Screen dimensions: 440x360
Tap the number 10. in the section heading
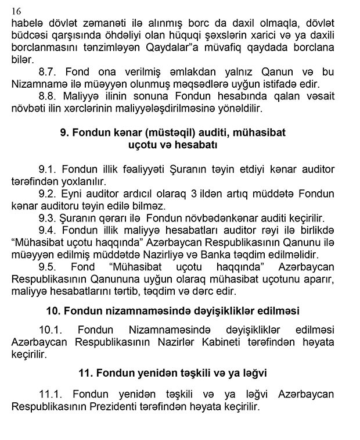tap(55, 309)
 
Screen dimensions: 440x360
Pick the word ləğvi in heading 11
tap(250, 370)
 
